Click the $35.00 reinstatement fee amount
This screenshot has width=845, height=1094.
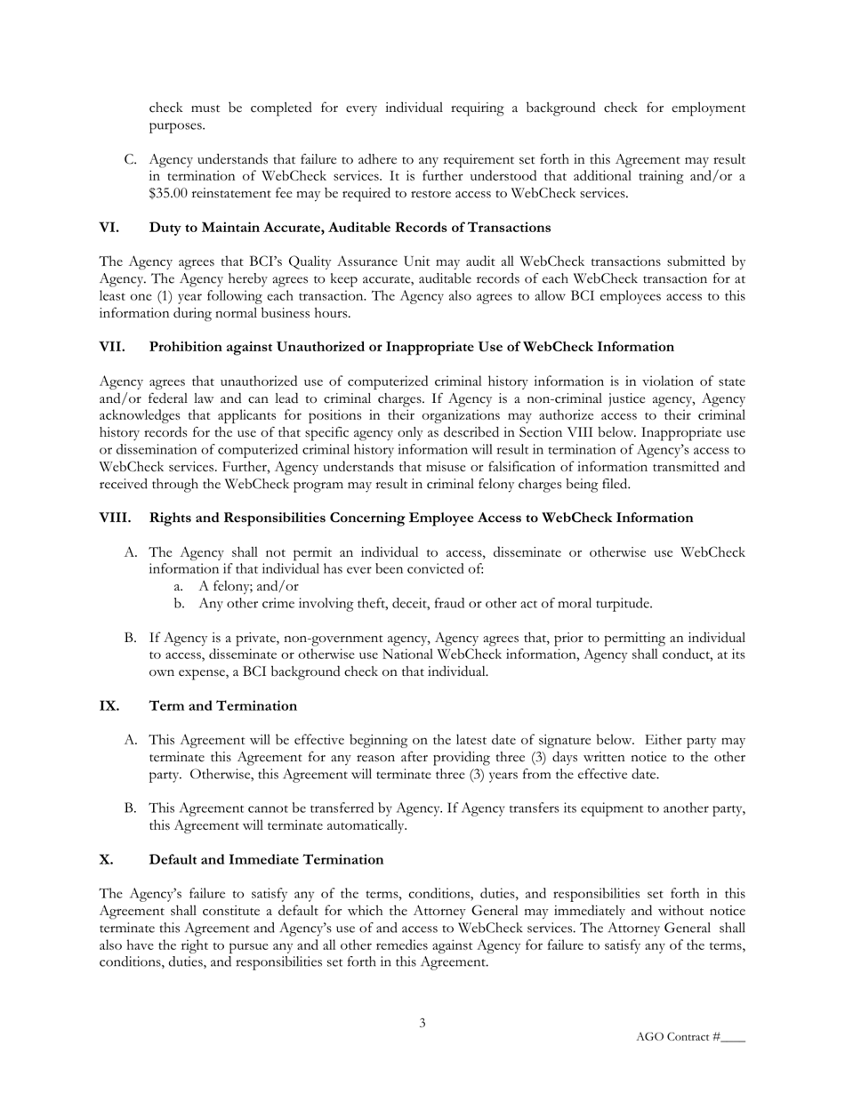[169, 193]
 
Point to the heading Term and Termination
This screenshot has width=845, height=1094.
[222, 705]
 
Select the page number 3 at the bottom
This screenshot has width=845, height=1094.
[422, 1023]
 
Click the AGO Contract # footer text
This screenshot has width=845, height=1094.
[678, 1037]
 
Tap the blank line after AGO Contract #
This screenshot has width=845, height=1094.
[733, 1038]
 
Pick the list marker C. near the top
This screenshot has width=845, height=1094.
[130, 159]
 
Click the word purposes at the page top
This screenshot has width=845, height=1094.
[176, 125]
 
